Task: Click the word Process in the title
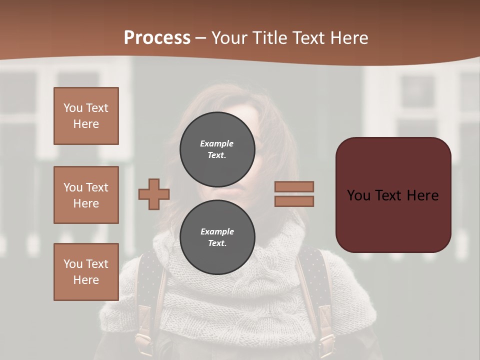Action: (x=157, y=38)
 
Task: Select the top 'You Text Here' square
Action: (x=86, y=116)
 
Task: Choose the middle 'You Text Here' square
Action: (x=86, y=195)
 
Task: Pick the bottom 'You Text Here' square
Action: (x=86, y=272)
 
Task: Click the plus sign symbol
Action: (x=154, y=194)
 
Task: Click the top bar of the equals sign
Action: (x=294, y=186)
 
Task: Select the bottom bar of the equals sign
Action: (x=294, y=201)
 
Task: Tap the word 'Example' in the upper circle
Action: (x=217, y=143)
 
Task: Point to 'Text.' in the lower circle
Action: (x=217, y=243)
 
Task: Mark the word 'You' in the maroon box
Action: (x=358, y=195)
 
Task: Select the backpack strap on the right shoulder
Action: (x=320, y=290)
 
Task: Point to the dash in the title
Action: (x=201, y=38)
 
